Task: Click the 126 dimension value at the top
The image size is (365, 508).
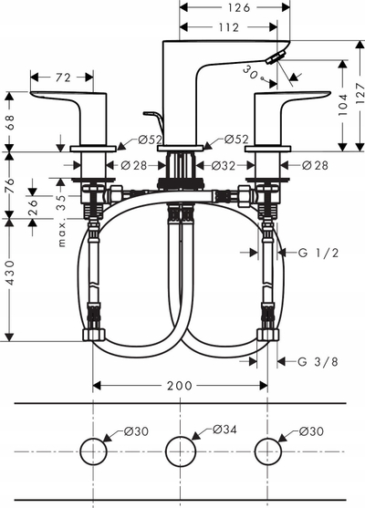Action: tap(238, 7)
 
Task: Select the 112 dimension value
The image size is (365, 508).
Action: tap(228, 27)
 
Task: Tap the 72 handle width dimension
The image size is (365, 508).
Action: tap(63, 78)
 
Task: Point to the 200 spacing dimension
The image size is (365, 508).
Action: tap(180, 386)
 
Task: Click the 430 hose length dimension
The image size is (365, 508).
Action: tap(10, 272)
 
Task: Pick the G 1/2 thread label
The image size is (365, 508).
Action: tap(318, 253)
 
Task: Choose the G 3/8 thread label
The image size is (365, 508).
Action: tap(318, 361)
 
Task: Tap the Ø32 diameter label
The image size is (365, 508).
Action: tap(224, 166)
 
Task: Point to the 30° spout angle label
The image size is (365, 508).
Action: tap(253, 73)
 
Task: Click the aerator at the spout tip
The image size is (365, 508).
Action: tap(276, 57)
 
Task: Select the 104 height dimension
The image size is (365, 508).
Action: tap(342, 105)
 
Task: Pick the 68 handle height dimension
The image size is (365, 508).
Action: tap(10, 122)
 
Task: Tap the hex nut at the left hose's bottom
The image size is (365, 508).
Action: tap(94, 335)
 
